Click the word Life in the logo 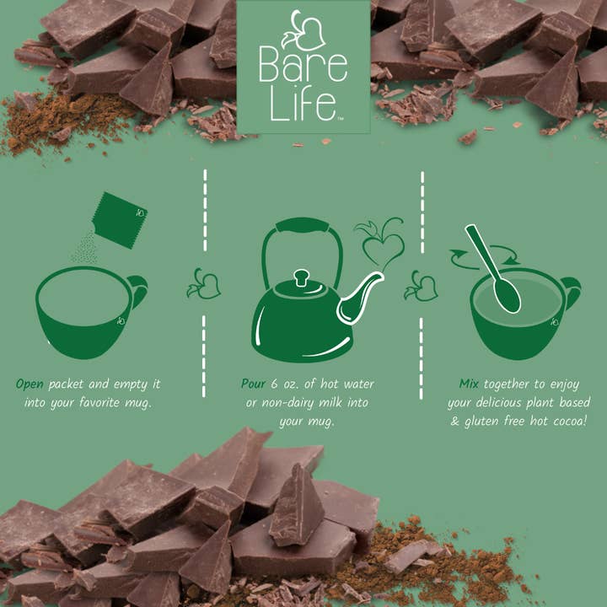(x=302, y=105)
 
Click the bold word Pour (x=254, y=384)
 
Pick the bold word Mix (x=469, y=384)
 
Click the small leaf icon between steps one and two (x=204, y=284)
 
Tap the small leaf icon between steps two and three (x=421, y=286)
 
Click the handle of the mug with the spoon (x=571, y=293)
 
